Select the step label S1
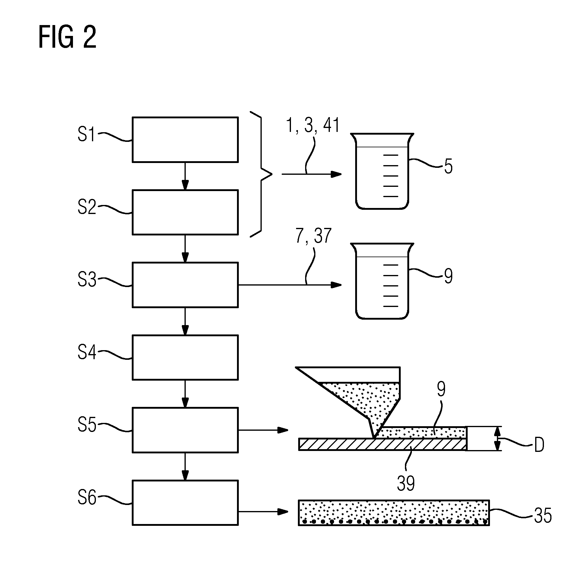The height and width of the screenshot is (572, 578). [86, 134]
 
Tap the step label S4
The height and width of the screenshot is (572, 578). [87, 352]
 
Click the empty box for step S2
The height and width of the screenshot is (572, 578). [185, 212]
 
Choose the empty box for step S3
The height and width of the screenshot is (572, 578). [185, 285]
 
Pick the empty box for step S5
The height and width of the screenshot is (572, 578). [185, 430]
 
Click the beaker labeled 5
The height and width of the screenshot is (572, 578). [382, 171]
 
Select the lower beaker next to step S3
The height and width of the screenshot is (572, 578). [382, 281]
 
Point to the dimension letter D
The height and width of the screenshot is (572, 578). [539, 445]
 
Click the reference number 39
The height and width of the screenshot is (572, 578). [406, 483]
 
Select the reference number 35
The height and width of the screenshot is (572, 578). [543, 515]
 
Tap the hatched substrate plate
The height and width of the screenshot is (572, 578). [383, 444]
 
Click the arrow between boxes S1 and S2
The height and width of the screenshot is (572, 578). [185, 176]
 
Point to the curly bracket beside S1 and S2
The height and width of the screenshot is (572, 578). [261, 174]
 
